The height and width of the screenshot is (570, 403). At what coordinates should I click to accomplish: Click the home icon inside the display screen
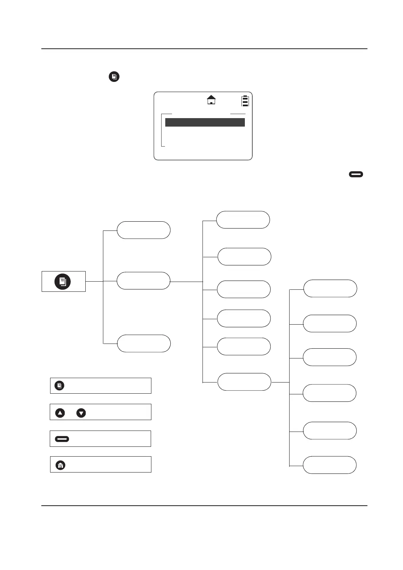(211, 100)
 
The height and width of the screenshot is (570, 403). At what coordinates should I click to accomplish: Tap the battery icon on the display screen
(245, 101)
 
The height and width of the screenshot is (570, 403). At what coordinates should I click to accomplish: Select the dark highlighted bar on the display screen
(205, 123)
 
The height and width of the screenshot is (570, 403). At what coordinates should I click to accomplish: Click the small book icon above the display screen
(114, 77)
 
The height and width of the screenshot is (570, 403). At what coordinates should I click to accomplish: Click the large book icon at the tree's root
(63, 282)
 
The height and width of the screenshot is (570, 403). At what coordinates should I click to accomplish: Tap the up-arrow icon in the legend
(60, 413)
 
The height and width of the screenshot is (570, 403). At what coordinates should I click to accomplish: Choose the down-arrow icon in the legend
(81, 413)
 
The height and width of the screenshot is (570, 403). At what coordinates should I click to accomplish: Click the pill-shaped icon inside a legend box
(62, 439)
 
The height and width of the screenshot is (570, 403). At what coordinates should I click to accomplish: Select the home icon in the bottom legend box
(60, 465)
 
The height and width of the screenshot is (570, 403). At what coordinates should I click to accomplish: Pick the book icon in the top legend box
(59, 386)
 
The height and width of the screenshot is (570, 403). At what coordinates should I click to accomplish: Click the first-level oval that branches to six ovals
(143, 281)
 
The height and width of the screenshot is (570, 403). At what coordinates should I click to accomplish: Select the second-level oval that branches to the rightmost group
(244, 382)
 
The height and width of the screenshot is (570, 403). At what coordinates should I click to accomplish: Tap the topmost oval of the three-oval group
(143, 230)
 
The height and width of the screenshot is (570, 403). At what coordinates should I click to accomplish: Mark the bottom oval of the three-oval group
(144, 344)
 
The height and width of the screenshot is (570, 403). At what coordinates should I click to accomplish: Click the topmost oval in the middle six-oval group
(243, 220)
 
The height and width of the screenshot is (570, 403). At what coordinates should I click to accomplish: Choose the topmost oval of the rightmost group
(330, 288)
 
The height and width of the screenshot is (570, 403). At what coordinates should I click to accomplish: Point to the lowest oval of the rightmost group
(330, 465)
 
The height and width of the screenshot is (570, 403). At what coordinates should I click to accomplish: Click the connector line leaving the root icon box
(94, 281)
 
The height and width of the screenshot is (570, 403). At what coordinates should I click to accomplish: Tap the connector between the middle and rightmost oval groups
(280, 382)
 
